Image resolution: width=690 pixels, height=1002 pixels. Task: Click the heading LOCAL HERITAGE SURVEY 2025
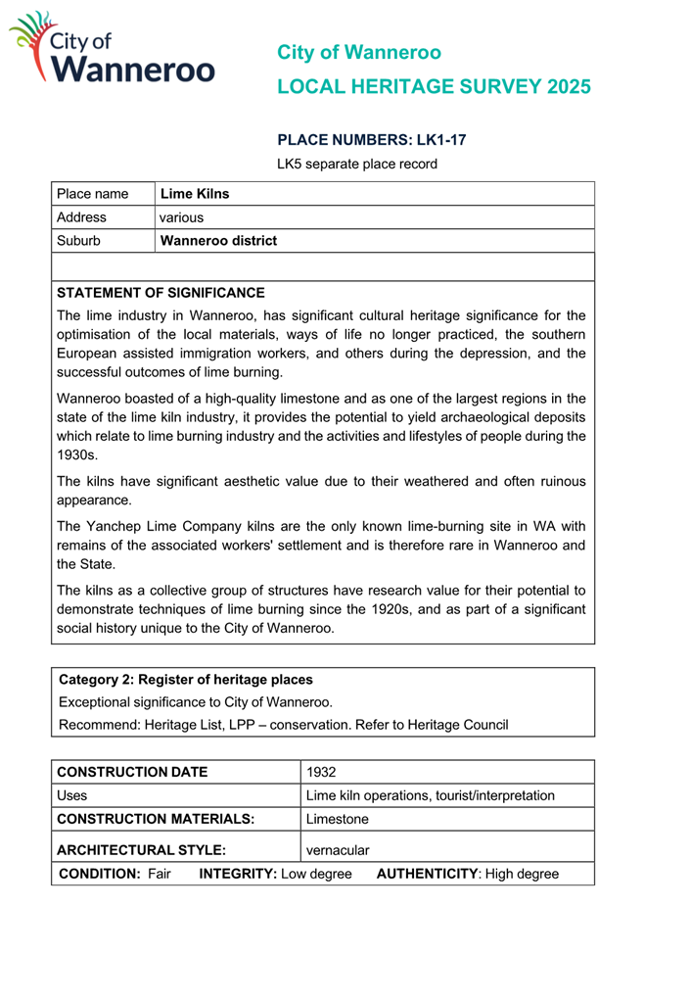434,86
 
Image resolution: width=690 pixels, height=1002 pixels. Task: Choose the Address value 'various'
181,217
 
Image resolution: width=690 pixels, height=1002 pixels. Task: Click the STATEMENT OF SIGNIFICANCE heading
161,293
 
